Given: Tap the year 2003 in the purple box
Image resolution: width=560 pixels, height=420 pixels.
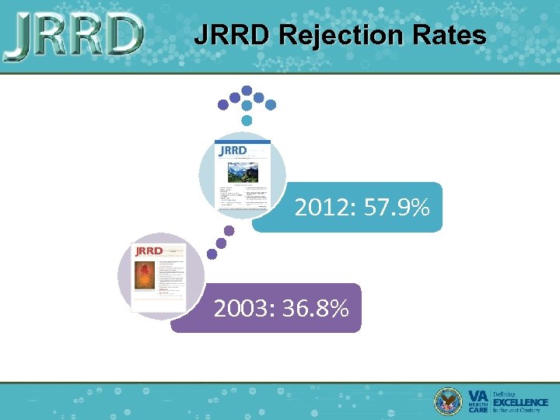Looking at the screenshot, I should pos(238,309).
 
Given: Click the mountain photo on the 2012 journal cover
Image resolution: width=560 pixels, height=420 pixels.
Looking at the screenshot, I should pos(243,172).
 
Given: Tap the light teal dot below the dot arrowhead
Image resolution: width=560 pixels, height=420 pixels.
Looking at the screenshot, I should pos(247,121).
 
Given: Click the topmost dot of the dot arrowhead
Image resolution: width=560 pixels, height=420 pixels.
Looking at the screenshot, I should pos(247,89).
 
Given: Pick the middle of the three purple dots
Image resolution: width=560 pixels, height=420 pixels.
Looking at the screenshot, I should pos(221,243).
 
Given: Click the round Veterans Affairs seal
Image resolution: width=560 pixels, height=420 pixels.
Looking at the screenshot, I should pos(448,400).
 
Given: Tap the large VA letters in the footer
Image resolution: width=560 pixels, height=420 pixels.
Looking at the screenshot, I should pos(479,396).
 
